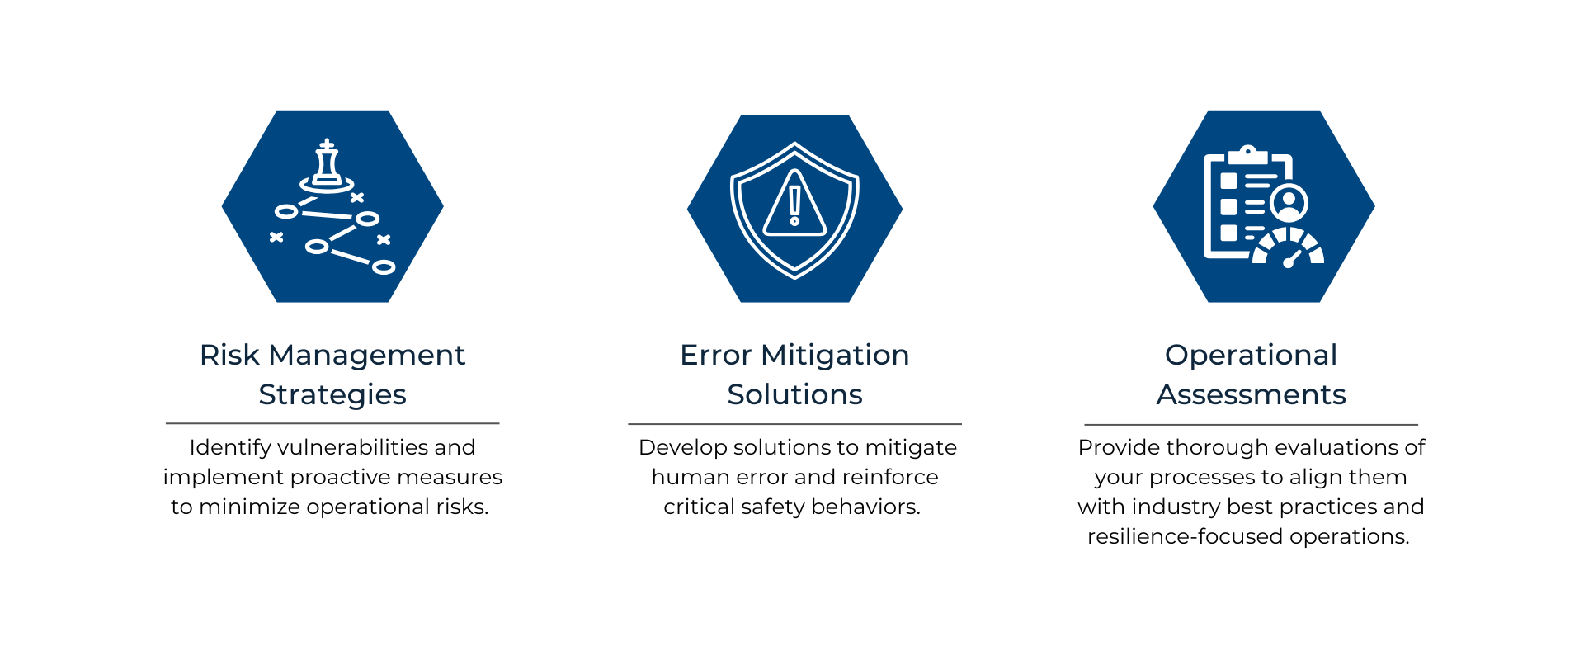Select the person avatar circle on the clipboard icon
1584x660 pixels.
coord(1289,203)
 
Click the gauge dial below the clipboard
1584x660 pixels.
coord(1288,248)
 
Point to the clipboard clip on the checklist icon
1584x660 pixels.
coord(1248,154)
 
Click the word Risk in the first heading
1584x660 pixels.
coord(229,355)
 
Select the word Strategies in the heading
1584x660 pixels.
coord(332,395)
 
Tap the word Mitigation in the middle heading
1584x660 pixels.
coord(835,356)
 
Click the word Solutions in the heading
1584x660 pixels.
coord(794,394)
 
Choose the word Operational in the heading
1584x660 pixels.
coord(1251,356)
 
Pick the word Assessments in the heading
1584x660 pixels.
coord(1251,394)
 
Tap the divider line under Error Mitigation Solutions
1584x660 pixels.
coord(794,424)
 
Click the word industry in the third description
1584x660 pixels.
coord(1176,507)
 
